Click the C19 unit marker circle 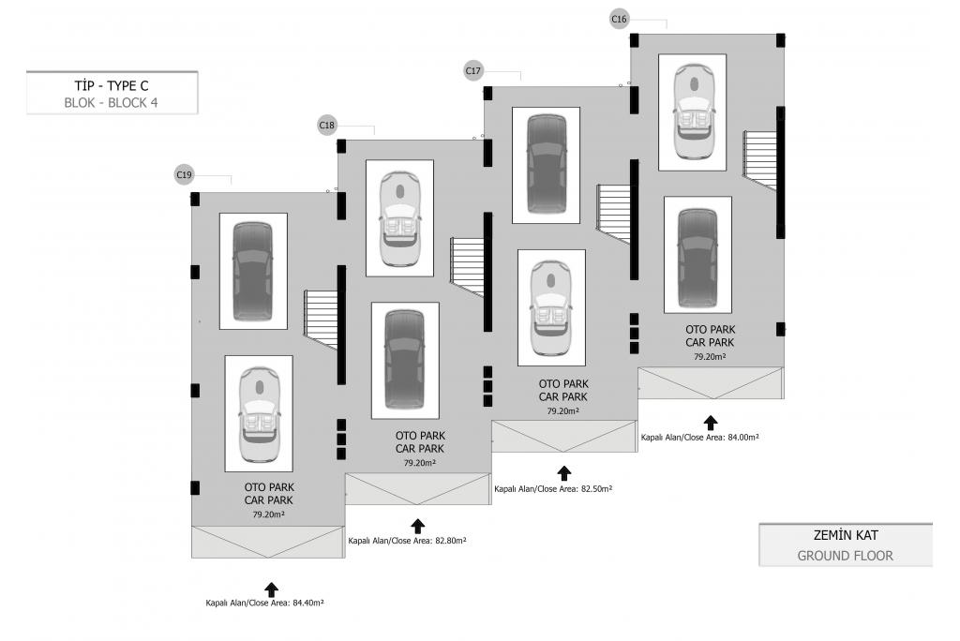point(185,174)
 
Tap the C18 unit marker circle point(327,125)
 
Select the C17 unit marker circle point(473,70)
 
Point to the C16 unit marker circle point(620,19)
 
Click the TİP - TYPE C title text point(112,84)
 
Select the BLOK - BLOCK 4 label point(112,103)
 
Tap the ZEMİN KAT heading point(846,536)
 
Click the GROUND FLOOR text point(846,556)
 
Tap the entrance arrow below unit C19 point(272,589)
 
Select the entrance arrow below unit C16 point(711,422)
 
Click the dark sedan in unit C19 point(253,271)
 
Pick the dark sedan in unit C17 point(546,165)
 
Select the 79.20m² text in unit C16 point(711,357)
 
